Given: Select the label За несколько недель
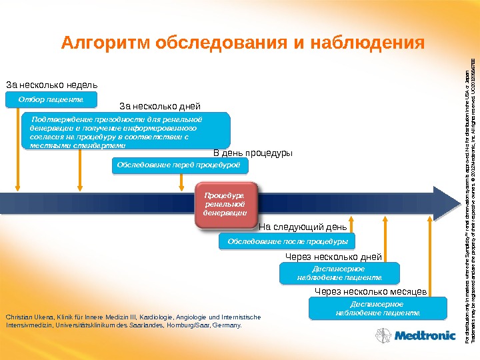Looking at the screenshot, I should [51, 85].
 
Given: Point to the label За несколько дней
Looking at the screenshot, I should [159, 105].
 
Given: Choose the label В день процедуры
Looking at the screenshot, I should [253, 153].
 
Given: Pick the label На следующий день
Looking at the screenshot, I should [302, 226].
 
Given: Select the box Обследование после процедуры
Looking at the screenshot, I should [287, 241].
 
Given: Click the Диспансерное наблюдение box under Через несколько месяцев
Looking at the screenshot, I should [378, 309].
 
